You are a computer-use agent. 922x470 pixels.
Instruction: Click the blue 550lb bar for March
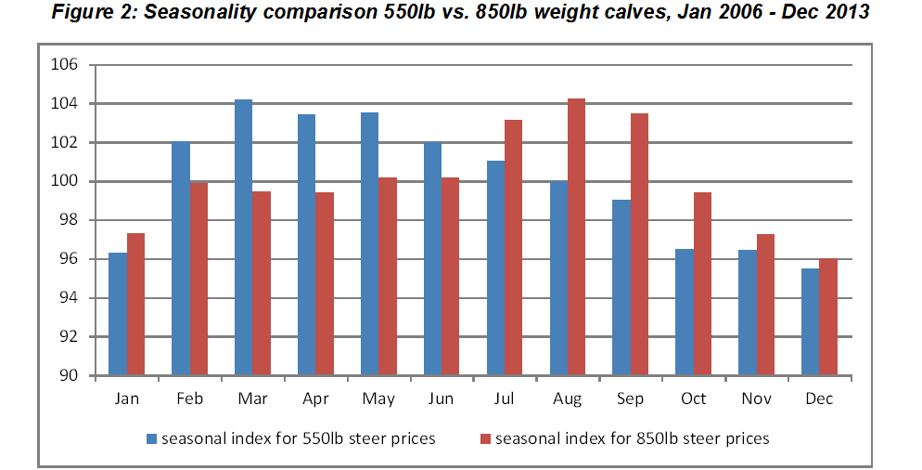click(243, 238)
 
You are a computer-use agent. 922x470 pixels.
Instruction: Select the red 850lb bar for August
click(576, 238)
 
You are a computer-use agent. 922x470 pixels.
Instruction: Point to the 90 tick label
click(70, 376)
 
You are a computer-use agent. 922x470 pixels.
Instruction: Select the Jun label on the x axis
click(441, 399)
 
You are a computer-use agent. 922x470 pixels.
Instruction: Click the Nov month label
click(757, 399)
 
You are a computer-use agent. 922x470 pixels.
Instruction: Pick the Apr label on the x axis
click(315, 399)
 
